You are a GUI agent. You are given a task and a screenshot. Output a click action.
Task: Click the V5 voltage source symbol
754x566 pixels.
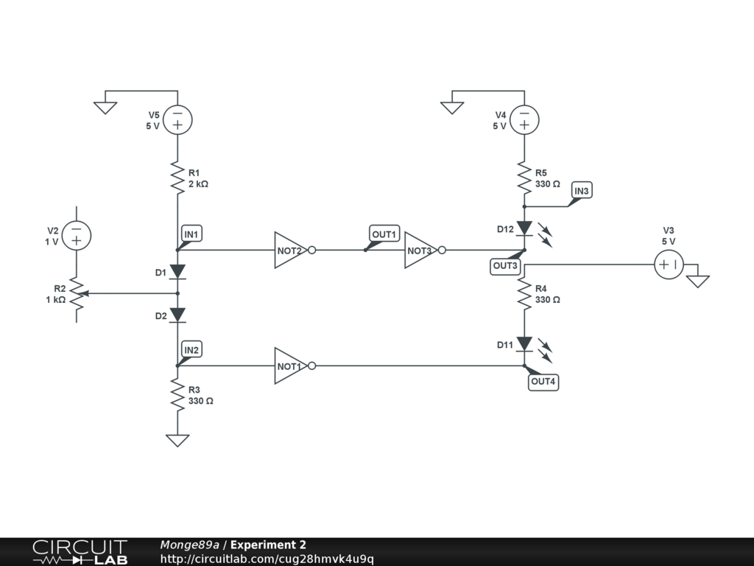tap(177, 119)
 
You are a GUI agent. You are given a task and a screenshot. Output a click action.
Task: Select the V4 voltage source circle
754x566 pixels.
tap(524, 119)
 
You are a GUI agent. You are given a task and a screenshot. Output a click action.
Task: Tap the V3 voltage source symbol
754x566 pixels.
tap(669, 264)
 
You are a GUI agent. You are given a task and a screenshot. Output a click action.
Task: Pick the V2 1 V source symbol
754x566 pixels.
tap(77, 236)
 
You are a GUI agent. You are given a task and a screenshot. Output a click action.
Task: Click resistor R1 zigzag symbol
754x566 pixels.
tap(177, 178)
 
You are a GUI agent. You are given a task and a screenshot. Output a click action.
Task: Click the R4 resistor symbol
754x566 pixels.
tap(524, 293)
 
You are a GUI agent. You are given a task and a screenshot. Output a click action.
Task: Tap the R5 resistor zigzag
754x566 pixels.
tap(524, 178)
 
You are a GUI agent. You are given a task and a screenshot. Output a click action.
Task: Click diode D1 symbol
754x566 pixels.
tap(177, 272)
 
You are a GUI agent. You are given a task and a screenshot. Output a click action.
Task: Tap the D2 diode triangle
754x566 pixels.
tap(177, 315)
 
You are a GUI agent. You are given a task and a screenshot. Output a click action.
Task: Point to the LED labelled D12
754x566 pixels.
tap(524, 228)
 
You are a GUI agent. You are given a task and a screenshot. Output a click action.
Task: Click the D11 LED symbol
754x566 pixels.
tap(524, 344)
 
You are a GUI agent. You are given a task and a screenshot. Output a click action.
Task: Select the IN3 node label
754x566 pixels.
tap(581, 191)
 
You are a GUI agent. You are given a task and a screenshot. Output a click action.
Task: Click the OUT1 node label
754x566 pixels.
tap(384, 234)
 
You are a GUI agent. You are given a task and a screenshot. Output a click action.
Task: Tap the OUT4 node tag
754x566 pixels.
tap(543, 382)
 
